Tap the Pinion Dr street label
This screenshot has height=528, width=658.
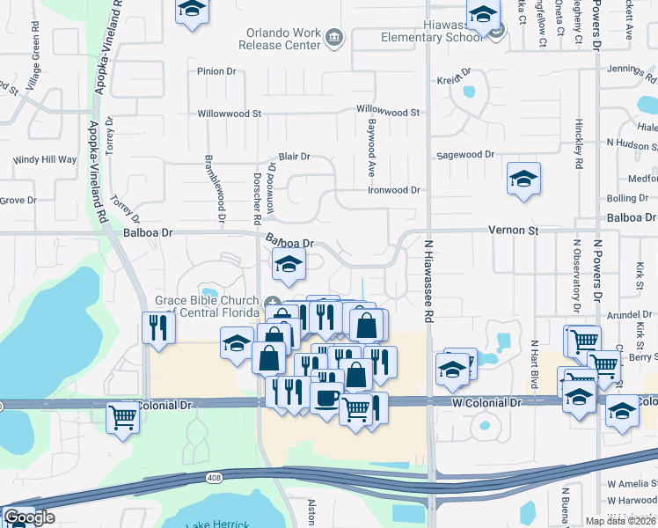(219, 71)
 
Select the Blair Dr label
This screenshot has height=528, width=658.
(295, 157)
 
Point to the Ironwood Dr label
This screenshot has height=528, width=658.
(393, 190)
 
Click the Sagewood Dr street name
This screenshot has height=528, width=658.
(465, 155)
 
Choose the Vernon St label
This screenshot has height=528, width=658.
(513, 230)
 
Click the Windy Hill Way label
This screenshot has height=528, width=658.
(45, 160)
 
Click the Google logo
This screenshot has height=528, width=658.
(29, 517)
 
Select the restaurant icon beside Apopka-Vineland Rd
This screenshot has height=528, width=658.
(158, 327)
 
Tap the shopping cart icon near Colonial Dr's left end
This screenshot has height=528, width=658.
(122, 417)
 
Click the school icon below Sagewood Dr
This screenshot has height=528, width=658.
(523, 180)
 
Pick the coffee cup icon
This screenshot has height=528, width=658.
(326, 398)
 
